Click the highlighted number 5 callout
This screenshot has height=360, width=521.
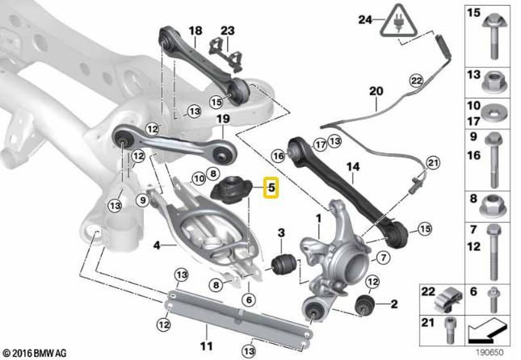pos(271,190)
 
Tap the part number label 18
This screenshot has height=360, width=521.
pos(195,31)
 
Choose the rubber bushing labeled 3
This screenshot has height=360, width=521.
pos(282,264)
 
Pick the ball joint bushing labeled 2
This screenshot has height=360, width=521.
pos(366,304)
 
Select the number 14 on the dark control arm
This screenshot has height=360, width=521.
pos(351,168)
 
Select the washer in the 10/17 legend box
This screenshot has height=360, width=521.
pos(493,112)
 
